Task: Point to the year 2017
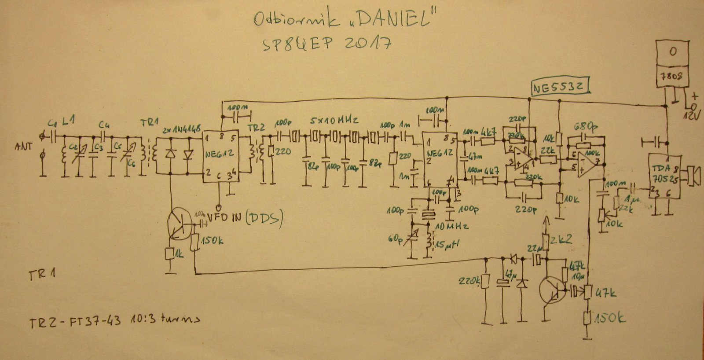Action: coord(366,44)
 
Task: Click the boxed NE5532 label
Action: coord(560,87)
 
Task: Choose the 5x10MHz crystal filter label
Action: coord(334,120)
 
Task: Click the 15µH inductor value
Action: coord(447,243)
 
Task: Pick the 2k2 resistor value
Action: coord(561,239)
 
